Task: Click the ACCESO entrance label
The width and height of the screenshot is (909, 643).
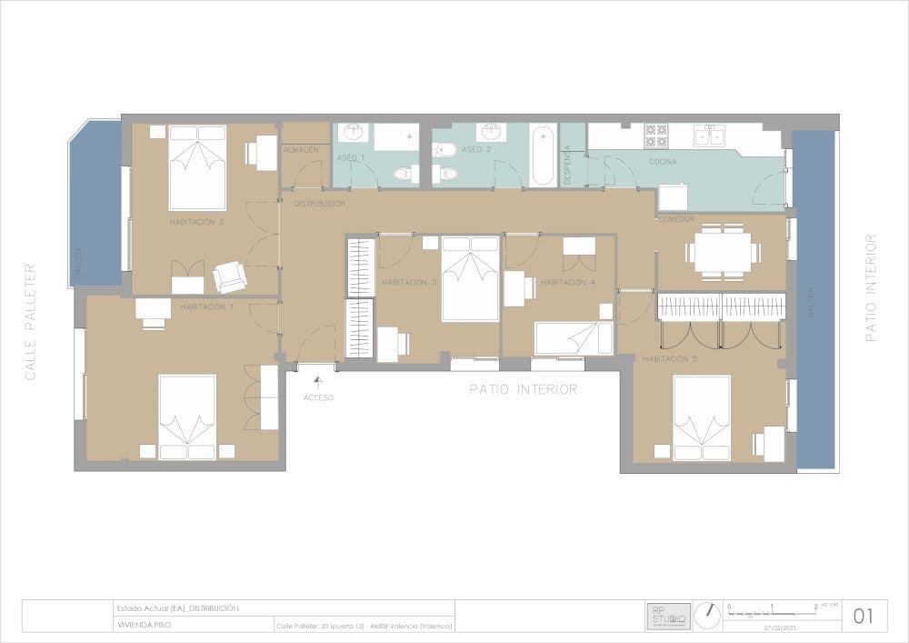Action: click(x=319, y=397)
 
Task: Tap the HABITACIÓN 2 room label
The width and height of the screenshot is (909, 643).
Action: click(x=196, y=221)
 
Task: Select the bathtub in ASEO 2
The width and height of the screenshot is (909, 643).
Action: click(x=543, y=156)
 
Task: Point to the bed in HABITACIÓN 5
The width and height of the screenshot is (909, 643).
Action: click(x=702, y=417)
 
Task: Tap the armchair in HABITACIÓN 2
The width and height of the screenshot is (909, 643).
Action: click(x=230, y=276)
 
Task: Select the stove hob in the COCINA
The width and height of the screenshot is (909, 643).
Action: click(x=656, y=136)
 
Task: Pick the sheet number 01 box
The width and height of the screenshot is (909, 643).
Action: click(x=864, y=616)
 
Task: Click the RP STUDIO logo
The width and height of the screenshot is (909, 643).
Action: click(x=668, y=616)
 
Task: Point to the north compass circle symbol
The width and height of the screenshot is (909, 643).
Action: click(x=705, y=616)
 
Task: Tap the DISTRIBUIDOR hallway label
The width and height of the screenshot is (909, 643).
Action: click(x=319, y=204)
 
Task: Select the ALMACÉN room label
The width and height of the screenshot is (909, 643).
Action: click(x=301, y=148)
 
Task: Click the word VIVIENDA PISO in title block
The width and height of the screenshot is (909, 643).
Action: click(x=144, y=625)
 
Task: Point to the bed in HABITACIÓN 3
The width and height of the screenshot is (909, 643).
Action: click(x=470, y=278)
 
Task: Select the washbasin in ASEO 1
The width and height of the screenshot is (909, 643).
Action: click(x=352, y=134)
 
